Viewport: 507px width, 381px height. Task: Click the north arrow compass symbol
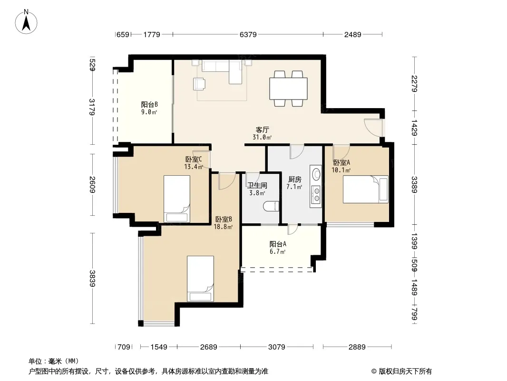26,22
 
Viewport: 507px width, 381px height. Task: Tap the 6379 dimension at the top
248,34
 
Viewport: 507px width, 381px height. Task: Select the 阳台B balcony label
149,105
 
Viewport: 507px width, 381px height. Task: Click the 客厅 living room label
262,130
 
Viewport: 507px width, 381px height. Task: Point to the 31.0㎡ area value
262,137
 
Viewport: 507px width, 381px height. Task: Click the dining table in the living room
288,89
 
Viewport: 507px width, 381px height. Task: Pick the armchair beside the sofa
199,83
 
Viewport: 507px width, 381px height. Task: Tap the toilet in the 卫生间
271,206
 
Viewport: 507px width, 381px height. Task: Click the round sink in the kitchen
316,174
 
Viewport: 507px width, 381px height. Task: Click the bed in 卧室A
366,190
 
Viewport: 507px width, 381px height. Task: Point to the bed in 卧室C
176,199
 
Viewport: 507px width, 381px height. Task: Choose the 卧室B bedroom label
224,220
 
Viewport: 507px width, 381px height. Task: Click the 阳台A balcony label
278,244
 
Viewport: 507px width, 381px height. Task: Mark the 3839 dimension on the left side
92,279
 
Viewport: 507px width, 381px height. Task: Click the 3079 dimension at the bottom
277,347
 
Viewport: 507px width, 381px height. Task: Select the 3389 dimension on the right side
415,184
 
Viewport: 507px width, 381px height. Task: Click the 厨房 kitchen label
294,180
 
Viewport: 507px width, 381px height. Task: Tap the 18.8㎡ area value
223,227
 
